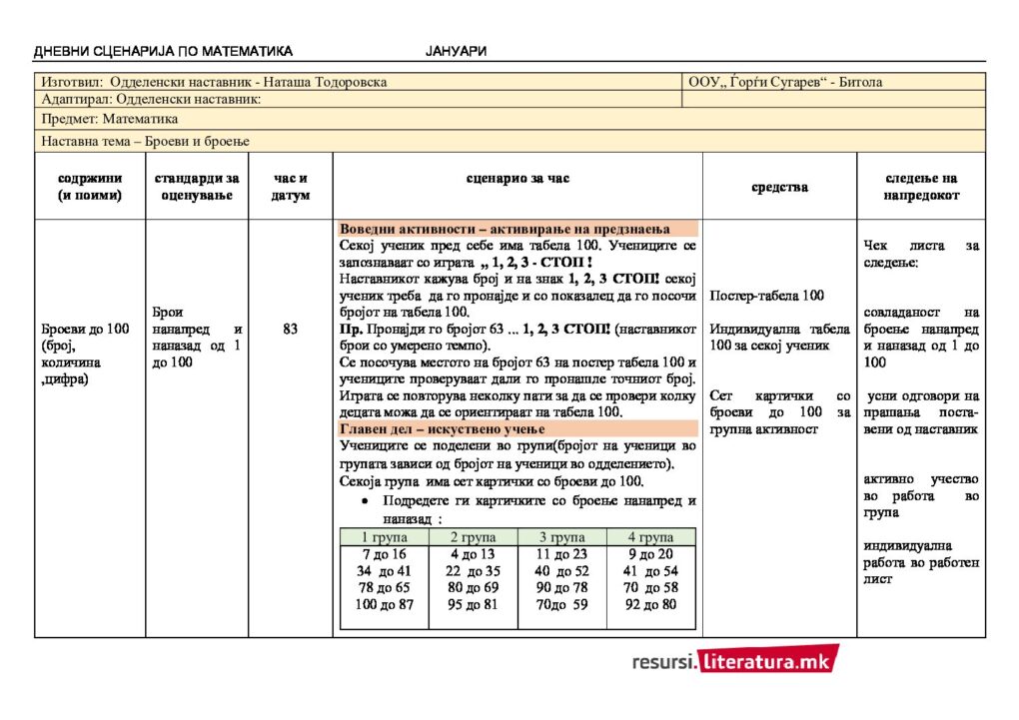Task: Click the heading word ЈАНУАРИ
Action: coord(456,51)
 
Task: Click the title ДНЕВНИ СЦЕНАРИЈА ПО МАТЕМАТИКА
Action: coord(163,51)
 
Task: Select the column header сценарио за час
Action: coord(517,179)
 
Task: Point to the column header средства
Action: coord(779,187)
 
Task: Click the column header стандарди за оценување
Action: coord(197,187)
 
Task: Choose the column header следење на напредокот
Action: coord(920,187)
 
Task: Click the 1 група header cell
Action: coord(384,536)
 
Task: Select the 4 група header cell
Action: coord(651,536)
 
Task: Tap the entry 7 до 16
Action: coord(384,554)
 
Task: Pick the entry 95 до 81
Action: coord(473,604)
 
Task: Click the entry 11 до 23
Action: coord(561,554)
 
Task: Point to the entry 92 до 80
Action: coord(651,604)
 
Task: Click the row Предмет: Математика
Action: coord(110,119)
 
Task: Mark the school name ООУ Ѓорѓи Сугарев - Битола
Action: coord(785,82)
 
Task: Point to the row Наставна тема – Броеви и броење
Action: coord(146,141)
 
